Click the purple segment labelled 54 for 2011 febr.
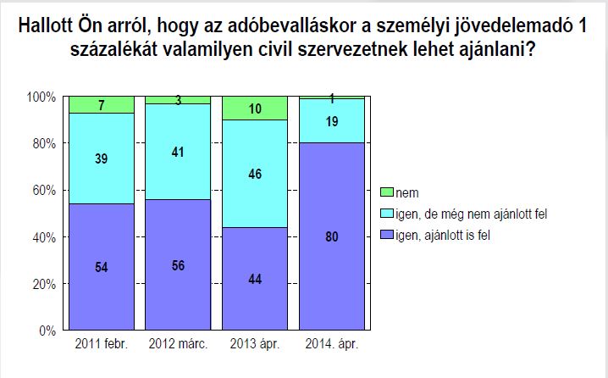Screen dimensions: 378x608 pos(102,267)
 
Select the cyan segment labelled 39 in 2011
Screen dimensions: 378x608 pos(102,158)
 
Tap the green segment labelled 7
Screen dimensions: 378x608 pos(102,104)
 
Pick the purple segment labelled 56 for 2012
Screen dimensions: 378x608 pos(178,264)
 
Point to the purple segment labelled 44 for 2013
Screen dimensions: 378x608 pos(254,279)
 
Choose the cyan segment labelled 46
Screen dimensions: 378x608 pos(254,174)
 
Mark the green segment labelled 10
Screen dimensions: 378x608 pos(254,108)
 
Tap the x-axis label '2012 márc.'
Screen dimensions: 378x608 pos(178,346)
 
